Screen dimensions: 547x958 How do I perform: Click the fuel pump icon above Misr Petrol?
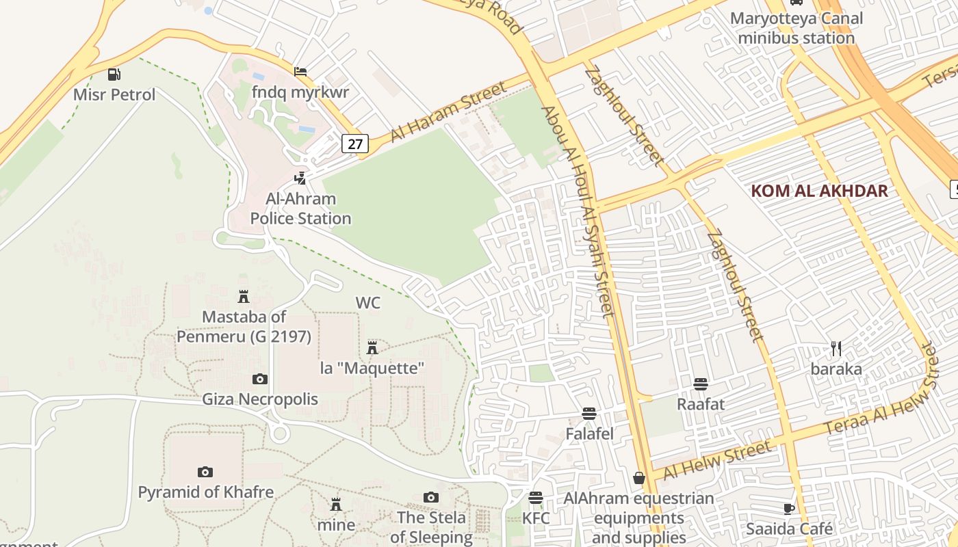(x=114, y=75)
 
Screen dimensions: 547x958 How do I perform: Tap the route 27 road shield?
(x=355, y=144)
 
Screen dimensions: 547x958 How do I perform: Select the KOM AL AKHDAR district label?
(x=819, y=191)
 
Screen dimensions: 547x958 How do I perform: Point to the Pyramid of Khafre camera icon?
(x=205, y=472)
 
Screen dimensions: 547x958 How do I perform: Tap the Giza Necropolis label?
(x=260, y=399)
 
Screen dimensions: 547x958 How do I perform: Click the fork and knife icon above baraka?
(x=836, y=349)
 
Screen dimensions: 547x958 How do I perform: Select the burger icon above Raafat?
(x=700, y=384)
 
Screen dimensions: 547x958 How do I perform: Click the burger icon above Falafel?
(x=589, y=414)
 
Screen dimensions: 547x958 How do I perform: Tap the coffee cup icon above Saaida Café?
(x=788, y=509)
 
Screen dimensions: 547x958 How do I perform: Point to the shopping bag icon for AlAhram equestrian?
(x=639, y=478)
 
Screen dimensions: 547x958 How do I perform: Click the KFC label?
(x=536, y=518)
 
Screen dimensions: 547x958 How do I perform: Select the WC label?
(x=367, y=302)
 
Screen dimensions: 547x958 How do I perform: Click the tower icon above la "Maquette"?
(x=372, y=348)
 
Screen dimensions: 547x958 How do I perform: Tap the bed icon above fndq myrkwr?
(x=300, y=72)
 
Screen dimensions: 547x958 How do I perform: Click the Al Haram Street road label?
(x=448, y=111)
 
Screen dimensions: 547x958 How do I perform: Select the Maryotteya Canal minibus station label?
(x=796, y=28)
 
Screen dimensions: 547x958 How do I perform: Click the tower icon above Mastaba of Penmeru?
(x=243, y=297)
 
